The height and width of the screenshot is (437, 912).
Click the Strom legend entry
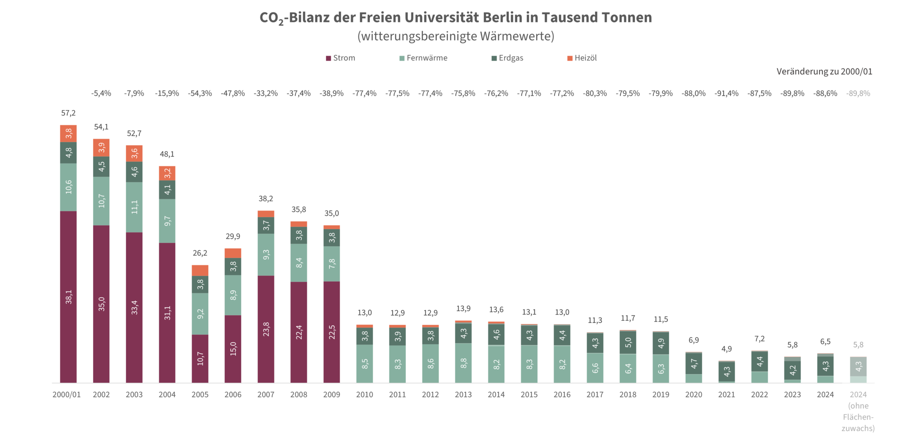coord(341,58)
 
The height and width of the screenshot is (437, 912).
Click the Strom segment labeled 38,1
coord(68,297)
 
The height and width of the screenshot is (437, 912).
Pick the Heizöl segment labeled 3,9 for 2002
coord(101,148)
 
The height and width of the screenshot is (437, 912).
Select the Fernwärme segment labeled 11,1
coord(134,207)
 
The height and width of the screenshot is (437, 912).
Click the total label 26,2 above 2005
coord(200,253)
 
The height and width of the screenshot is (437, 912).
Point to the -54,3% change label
coord(200,93)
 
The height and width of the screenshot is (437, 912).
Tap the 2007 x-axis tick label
coord(266,395)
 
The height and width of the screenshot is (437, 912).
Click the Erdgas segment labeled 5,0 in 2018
coord(628,342)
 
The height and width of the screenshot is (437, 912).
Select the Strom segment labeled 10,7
coord(200,359)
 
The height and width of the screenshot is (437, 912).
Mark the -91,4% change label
coord(726,93)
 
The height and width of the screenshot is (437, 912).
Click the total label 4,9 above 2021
coord(726,349)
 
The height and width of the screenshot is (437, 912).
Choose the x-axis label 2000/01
coord(67,395)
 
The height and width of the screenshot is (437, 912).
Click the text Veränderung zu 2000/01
coord(824,72)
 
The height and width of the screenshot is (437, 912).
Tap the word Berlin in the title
coord(510,17)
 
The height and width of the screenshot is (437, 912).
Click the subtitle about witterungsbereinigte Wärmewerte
coord(456,36)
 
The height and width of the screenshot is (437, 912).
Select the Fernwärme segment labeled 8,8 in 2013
coord(463,363)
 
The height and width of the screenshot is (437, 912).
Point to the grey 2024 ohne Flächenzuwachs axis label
coord(858,411)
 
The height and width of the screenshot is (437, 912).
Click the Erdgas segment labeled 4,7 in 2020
coord(694,364)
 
